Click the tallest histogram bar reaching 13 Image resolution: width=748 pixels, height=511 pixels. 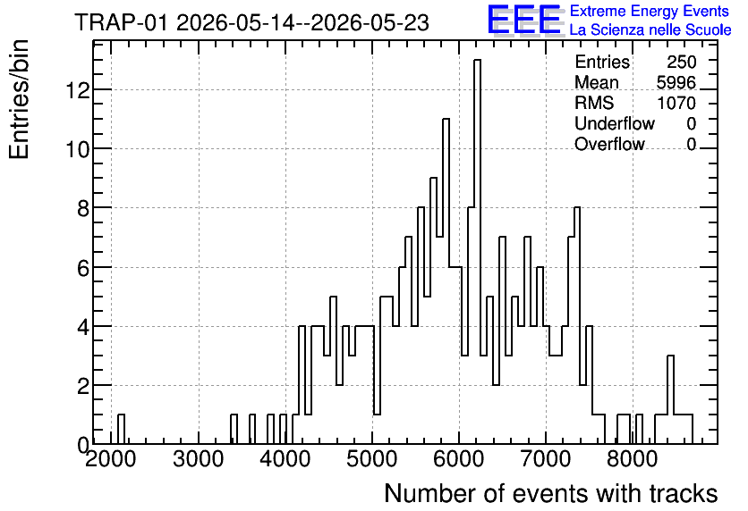pos(477,251)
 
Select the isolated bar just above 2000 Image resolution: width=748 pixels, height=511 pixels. pos(121,429)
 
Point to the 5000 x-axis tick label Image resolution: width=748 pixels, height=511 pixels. pos(372,459)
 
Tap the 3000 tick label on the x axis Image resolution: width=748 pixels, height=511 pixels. pos(199,459)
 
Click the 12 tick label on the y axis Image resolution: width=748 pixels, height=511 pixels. pos(78,90)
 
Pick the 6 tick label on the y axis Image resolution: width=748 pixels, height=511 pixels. pos(83,268)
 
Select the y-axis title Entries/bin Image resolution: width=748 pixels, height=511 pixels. pos(19,100)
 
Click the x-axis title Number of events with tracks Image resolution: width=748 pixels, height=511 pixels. pos(551,493)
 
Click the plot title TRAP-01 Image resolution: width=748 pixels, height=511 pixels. pos(121,22)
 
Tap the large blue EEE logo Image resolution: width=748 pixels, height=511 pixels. pos(524,20)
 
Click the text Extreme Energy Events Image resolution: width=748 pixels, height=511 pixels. pos(650,11)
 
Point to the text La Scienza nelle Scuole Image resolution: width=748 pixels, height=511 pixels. pos(650,30)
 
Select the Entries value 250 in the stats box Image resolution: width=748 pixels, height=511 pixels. pos(681,62)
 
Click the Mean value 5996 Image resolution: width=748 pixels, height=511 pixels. pos(676,82)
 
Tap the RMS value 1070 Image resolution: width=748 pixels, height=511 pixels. pos(676,103)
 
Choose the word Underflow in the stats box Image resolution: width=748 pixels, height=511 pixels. pos(615,123)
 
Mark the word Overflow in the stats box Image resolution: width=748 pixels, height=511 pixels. pos(609,144)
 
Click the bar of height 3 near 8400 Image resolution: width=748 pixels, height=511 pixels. pos(670,399)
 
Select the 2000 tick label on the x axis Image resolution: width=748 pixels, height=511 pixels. pos(111,459)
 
